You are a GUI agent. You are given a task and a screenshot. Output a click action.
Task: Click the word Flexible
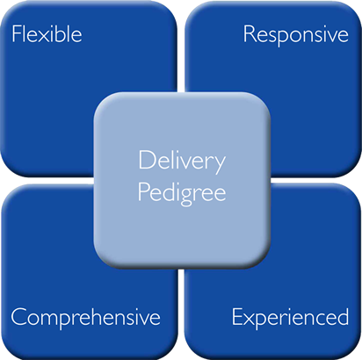(46, 35)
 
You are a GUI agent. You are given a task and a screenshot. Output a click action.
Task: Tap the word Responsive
(295, 35)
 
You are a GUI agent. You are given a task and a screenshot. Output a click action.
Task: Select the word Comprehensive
(85, 317)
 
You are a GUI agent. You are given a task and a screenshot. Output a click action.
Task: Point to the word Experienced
(290, 317)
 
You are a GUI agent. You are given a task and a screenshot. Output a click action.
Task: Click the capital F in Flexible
(15, 35)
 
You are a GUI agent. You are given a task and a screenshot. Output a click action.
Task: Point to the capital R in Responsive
(248, 35)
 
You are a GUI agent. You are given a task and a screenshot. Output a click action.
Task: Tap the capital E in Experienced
(236, 316)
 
